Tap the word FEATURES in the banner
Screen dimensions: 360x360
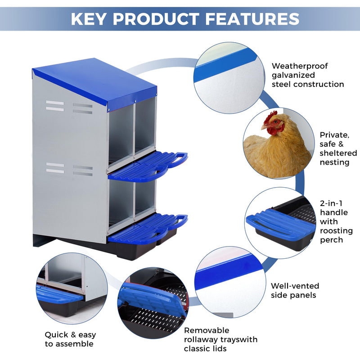(x=252, y=19)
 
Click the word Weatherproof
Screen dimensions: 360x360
(x=300, y=66)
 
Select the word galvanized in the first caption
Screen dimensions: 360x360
(x=293, y=75)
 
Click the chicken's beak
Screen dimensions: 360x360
(x=264, y=127)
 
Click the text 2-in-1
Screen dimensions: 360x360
(x=331, y=203)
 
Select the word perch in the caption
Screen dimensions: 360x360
(x=331, y=240)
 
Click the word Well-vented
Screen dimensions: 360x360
(x=295, y=286)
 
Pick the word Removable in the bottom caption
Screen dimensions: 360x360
(x=207, y=330)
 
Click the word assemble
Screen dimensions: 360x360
(x=74, y=344)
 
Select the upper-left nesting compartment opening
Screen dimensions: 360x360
(x=121, y=133)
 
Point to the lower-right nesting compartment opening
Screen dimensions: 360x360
(x=145, y=197)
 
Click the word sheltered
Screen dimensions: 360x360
(x=338, y=153)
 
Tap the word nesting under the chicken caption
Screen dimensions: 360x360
(x=334, y=162)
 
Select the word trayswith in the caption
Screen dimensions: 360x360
(x=239, y=339)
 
